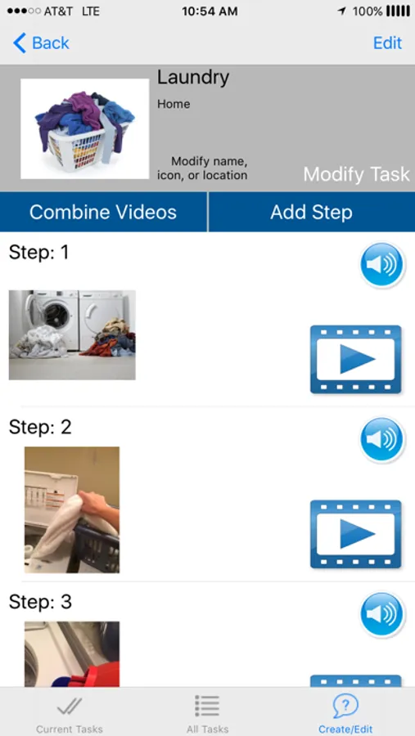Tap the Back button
42,43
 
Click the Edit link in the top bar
387,43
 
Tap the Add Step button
312,212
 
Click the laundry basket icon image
84,128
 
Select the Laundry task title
193,78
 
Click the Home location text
174,104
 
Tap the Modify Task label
356,175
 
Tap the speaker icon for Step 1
382,264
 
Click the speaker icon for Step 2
382,439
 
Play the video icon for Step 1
356,359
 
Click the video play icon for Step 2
356,534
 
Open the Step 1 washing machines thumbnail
72,334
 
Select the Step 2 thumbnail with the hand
72,509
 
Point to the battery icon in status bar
398,11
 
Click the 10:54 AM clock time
210,11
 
